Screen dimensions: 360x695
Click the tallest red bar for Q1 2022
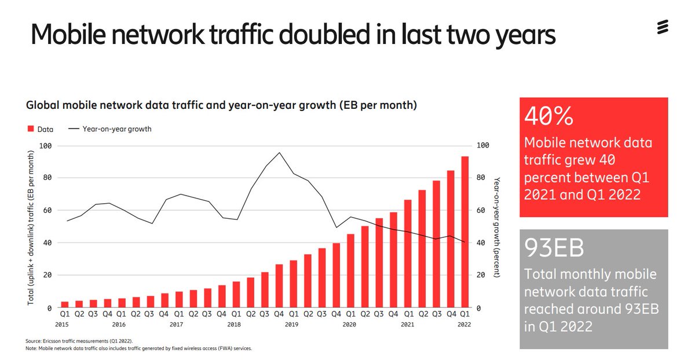pyautogui.click(x=464, y=232)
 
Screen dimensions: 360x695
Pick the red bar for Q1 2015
pyautogui.click(x=65, y=304)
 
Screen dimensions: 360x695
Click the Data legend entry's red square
pyautogui.click(x=31, y=130)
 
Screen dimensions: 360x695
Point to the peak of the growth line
pyautogui.click(x=280, y=153)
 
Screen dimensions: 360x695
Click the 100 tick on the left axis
pyautogui.click(x=45, y=146)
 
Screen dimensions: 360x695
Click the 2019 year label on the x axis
pyautogui.click(x=291, y=325)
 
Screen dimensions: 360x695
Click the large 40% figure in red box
pyautogui.click(x=548, y=117)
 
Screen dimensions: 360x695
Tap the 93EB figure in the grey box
pyautogui.click(x=554, y=248)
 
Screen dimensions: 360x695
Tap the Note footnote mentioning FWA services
pyautogui.click(x=139, y=348)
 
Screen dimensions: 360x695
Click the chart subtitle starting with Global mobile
pyautogui.click(x=221, y=106)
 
